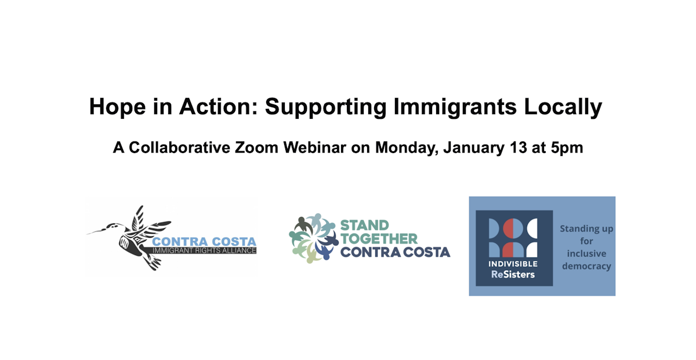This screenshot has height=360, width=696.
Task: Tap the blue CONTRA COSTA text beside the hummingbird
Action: (204, 241)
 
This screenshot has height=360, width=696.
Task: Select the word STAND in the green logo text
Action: (364, 225)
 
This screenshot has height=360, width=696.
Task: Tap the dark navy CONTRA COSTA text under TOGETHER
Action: (395, 252)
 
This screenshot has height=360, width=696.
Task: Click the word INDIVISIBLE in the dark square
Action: (513, 264)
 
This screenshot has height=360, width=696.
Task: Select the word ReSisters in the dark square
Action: (513, 274)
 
